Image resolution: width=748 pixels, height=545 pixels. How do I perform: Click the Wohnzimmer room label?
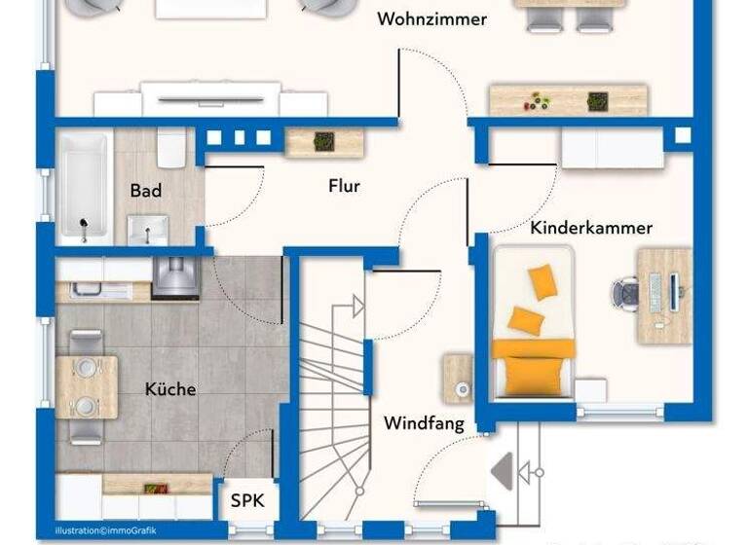point(432,19)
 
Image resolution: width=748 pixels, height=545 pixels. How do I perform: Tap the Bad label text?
point(146,191)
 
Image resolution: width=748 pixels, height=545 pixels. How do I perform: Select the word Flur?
point(344,185)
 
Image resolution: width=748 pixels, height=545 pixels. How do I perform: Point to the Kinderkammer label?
point(591,228)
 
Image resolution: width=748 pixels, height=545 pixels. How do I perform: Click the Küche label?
point(170,389)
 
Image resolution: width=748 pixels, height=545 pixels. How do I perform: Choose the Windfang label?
point(423,423)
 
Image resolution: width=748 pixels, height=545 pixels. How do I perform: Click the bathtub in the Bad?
point(84,189)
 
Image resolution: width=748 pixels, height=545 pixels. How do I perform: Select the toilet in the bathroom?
point(171,151)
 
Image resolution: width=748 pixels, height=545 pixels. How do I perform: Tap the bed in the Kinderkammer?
point(533,321)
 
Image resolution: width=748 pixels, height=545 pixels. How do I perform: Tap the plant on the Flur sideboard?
point(322,142)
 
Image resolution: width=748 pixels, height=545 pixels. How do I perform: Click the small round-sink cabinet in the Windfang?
point(459,380)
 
